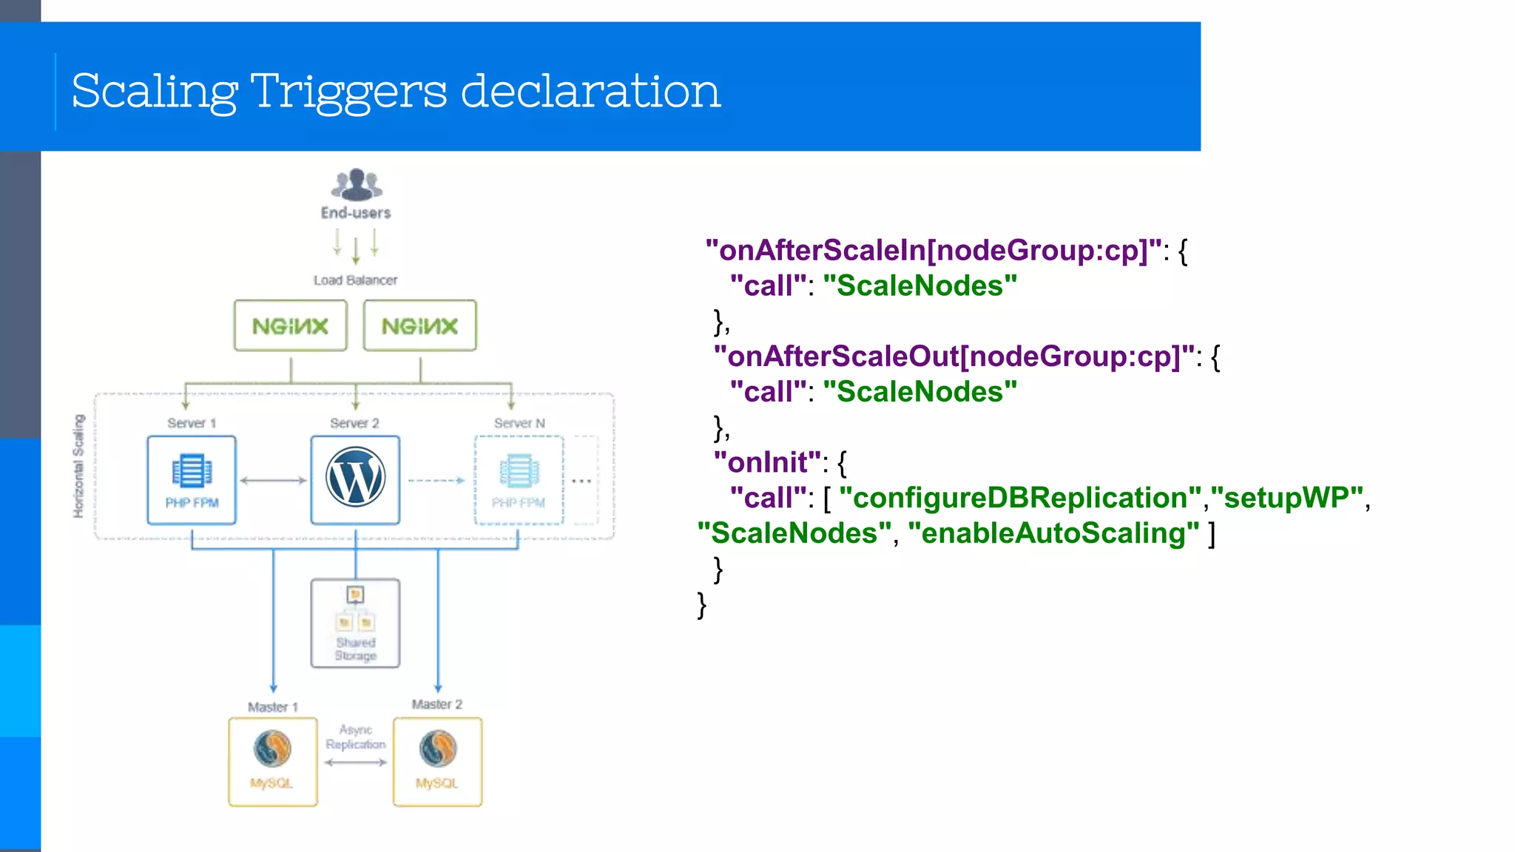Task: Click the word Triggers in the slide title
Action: pyautogui.click(x=348, y=92)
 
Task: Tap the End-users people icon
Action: pyautogui.click(x=356, y=185)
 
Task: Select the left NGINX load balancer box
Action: pyautogui.click(x=290, y=325)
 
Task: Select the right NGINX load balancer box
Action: pyautogui.click(x=419, y=325)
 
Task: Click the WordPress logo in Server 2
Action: pyautogui.click(x=355, y=478)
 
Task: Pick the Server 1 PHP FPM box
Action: pyautogui.click(x=192, y=480)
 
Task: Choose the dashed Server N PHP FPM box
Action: pyautogui.click(x=519, y=480)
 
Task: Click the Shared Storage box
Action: pyautogui.click(x=355, y=623)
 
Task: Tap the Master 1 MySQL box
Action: pyautogui.click(x=272, y=761)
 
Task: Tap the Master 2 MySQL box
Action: pyautogui.click(x=437, y=761)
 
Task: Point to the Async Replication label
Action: pyautogui.click(x=355, y=737)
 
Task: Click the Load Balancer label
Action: pyautogui.click(x=355, y=280)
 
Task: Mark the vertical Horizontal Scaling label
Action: pyautogui.click(x=78, y=466)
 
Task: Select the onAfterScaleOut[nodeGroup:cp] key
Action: pyautogui.click(x=954, y=356)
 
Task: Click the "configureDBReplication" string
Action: pyautogui.click(x=1020, y=498)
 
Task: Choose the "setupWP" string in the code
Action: pyautogui.click(x=1286, y=498)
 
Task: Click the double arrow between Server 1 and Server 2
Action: pyautogui.click(x=273, y=481)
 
